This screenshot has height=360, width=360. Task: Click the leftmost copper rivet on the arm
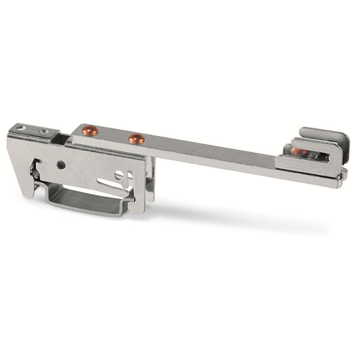[89, 131]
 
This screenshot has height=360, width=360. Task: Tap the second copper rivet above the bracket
[136, 138]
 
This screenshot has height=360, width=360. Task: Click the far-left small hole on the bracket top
[21, 128]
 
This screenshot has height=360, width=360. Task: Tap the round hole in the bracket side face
[61, 165]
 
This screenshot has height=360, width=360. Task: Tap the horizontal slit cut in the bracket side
[110, 183]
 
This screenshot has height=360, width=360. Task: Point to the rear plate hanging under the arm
[150, 180]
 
